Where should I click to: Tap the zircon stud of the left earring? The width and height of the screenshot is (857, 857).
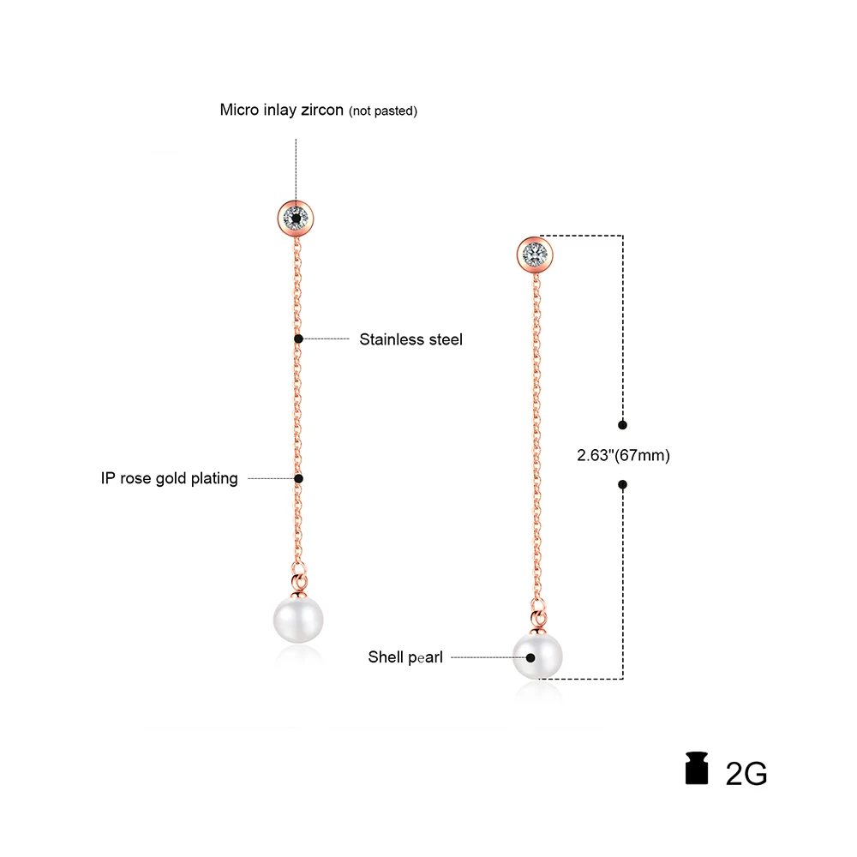296,217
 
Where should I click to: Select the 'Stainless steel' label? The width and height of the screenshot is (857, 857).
411,339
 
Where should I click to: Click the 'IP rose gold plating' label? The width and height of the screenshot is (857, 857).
169,478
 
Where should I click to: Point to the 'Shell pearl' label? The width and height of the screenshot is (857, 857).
405,658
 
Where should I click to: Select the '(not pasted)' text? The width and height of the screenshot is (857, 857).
382,111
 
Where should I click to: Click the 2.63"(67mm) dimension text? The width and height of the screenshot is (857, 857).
622,455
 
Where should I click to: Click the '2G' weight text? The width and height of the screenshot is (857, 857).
746,773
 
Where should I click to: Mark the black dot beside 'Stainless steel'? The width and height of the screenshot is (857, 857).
298,339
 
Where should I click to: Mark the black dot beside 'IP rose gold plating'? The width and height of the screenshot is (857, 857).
298,478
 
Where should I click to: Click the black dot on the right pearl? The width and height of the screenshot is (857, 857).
531,658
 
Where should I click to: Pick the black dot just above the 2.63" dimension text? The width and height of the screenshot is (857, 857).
622,424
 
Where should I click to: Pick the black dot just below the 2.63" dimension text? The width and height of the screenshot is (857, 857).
622,485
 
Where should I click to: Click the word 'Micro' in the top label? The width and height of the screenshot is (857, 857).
237,110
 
